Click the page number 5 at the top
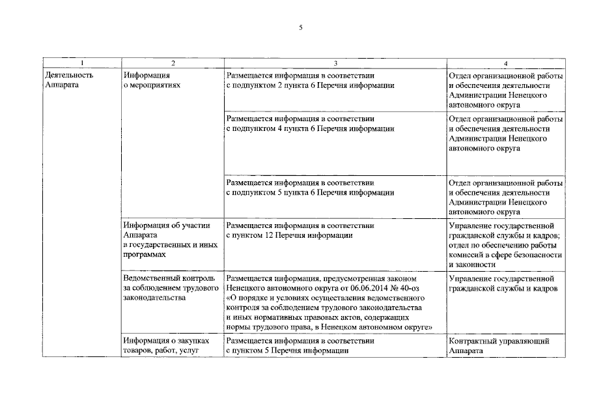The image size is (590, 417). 300,27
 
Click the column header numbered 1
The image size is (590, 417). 82,63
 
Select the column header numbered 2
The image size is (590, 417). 173,63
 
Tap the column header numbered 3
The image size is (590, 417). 335,63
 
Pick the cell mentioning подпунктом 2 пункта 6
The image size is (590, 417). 310,80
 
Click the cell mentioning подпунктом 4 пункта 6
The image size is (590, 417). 310,124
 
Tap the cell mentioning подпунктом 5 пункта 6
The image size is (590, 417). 310,188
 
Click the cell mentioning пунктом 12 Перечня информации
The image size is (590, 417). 300,231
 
